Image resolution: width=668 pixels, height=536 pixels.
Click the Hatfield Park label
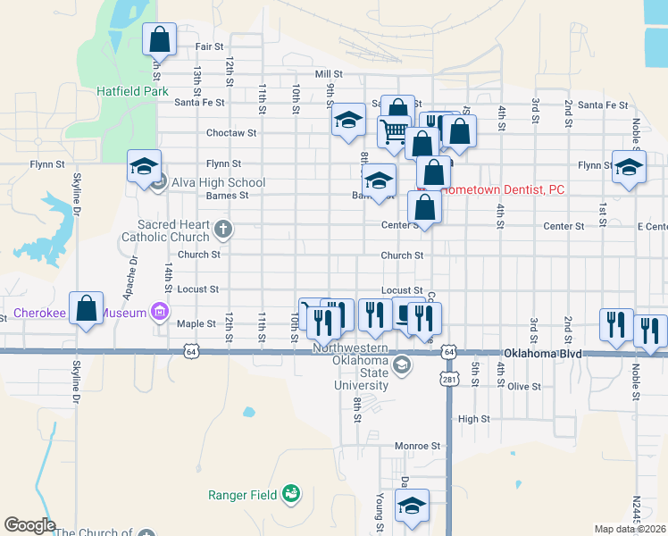pyautogui.click(x=133, y=91)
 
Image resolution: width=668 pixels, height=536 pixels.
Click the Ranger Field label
pyautogui.click(x=244, y=494)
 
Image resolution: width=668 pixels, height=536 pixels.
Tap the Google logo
pyautogui.click(x=29, y=525)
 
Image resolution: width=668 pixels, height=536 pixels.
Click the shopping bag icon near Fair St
pyautogui.click(x=159, y=40)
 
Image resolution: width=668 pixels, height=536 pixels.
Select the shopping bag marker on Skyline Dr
pyautogui.click(x=87, y=309)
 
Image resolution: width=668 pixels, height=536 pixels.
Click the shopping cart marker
pyautogui.click(x=394, y=132)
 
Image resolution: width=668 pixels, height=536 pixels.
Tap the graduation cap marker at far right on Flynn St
pyautogui.click(x=629, y=166)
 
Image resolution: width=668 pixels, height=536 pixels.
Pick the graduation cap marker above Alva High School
pyautogui.click(x=143, y=166)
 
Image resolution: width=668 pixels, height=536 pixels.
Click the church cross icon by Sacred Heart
pyautogui.click(x=222, y=230)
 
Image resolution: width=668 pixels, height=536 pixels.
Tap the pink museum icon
pyautogui.click(x=159, y=312)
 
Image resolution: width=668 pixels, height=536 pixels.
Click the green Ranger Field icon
pyautogui.click(x=290, y=493)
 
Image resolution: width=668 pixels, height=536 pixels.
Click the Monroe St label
pyautogui.click(x=418, y=445)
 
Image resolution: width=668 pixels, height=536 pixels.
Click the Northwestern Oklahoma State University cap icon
pyautogui.click(x=403, y=364)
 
